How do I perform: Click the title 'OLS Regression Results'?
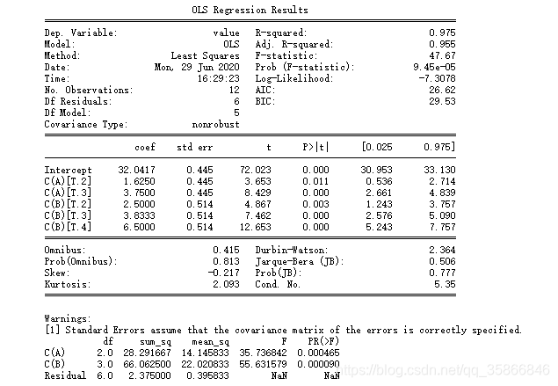tap(250, 11)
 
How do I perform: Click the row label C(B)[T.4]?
tap(68, 226)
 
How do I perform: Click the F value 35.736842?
tap(268, 353)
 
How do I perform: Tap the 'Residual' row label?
tap(65, 375)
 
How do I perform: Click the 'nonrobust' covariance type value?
tap(216, 124)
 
